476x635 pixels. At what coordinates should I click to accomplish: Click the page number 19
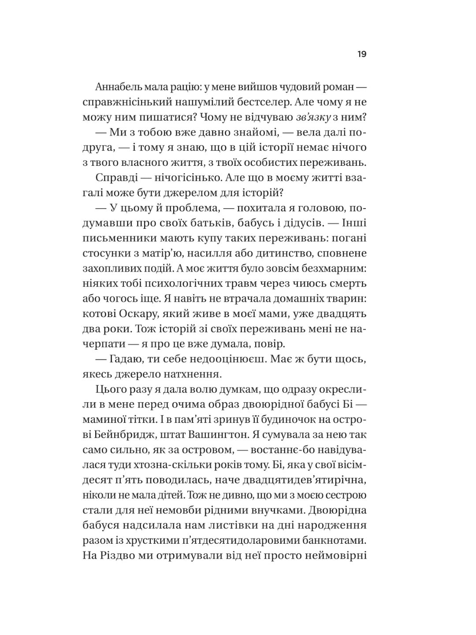[x=362, y=55]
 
